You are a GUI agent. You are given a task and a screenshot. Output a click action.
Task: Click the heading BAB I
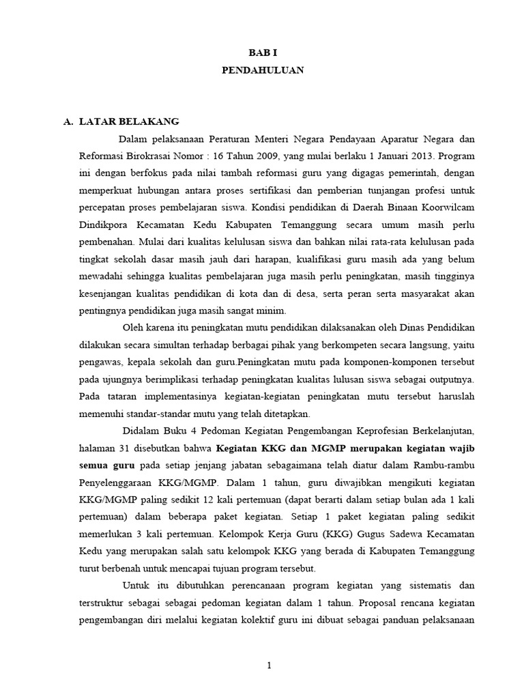[263, 51]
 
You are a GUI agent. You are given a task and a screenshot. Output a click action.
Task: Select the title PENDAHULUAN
[263, 70]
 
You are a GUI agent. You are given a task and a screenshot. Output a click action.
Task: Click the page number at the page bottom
[270, 667]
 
